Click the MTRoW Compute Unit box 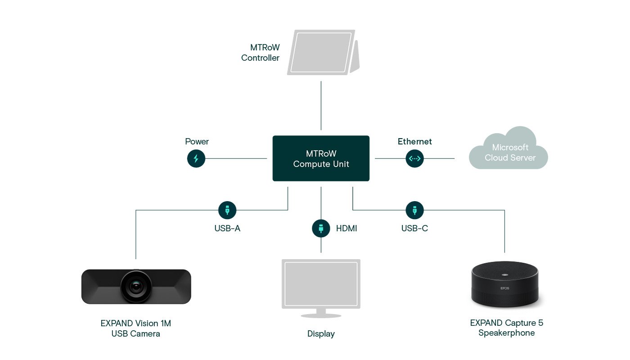[x=321, y=158]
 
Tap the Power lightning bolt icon [x=196, y=158]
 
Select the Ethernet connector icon [x=414, y=158]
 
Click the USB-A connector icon [x=227, y=210]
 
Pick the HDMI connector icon [x=321, y=228]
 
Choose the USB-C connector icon [x=414, y=210]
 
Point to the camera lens [x=136, y=286]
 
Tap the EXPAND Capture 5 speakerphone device [x=504, y=284]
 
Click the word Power [x=197, y=142]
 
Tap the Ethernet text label [x=414, y=142]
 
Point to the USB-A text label [x=227, y=229]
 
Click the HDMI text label [x=346, y=229]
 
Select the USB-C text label [x=414, y=229]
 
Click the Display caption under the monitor [x=321, y=334]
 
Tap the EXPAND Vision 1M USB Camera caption [x=136, y=328]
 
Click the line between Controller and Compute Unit [x=321, y=106]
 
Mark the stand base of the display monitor [x=321, y=315]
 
